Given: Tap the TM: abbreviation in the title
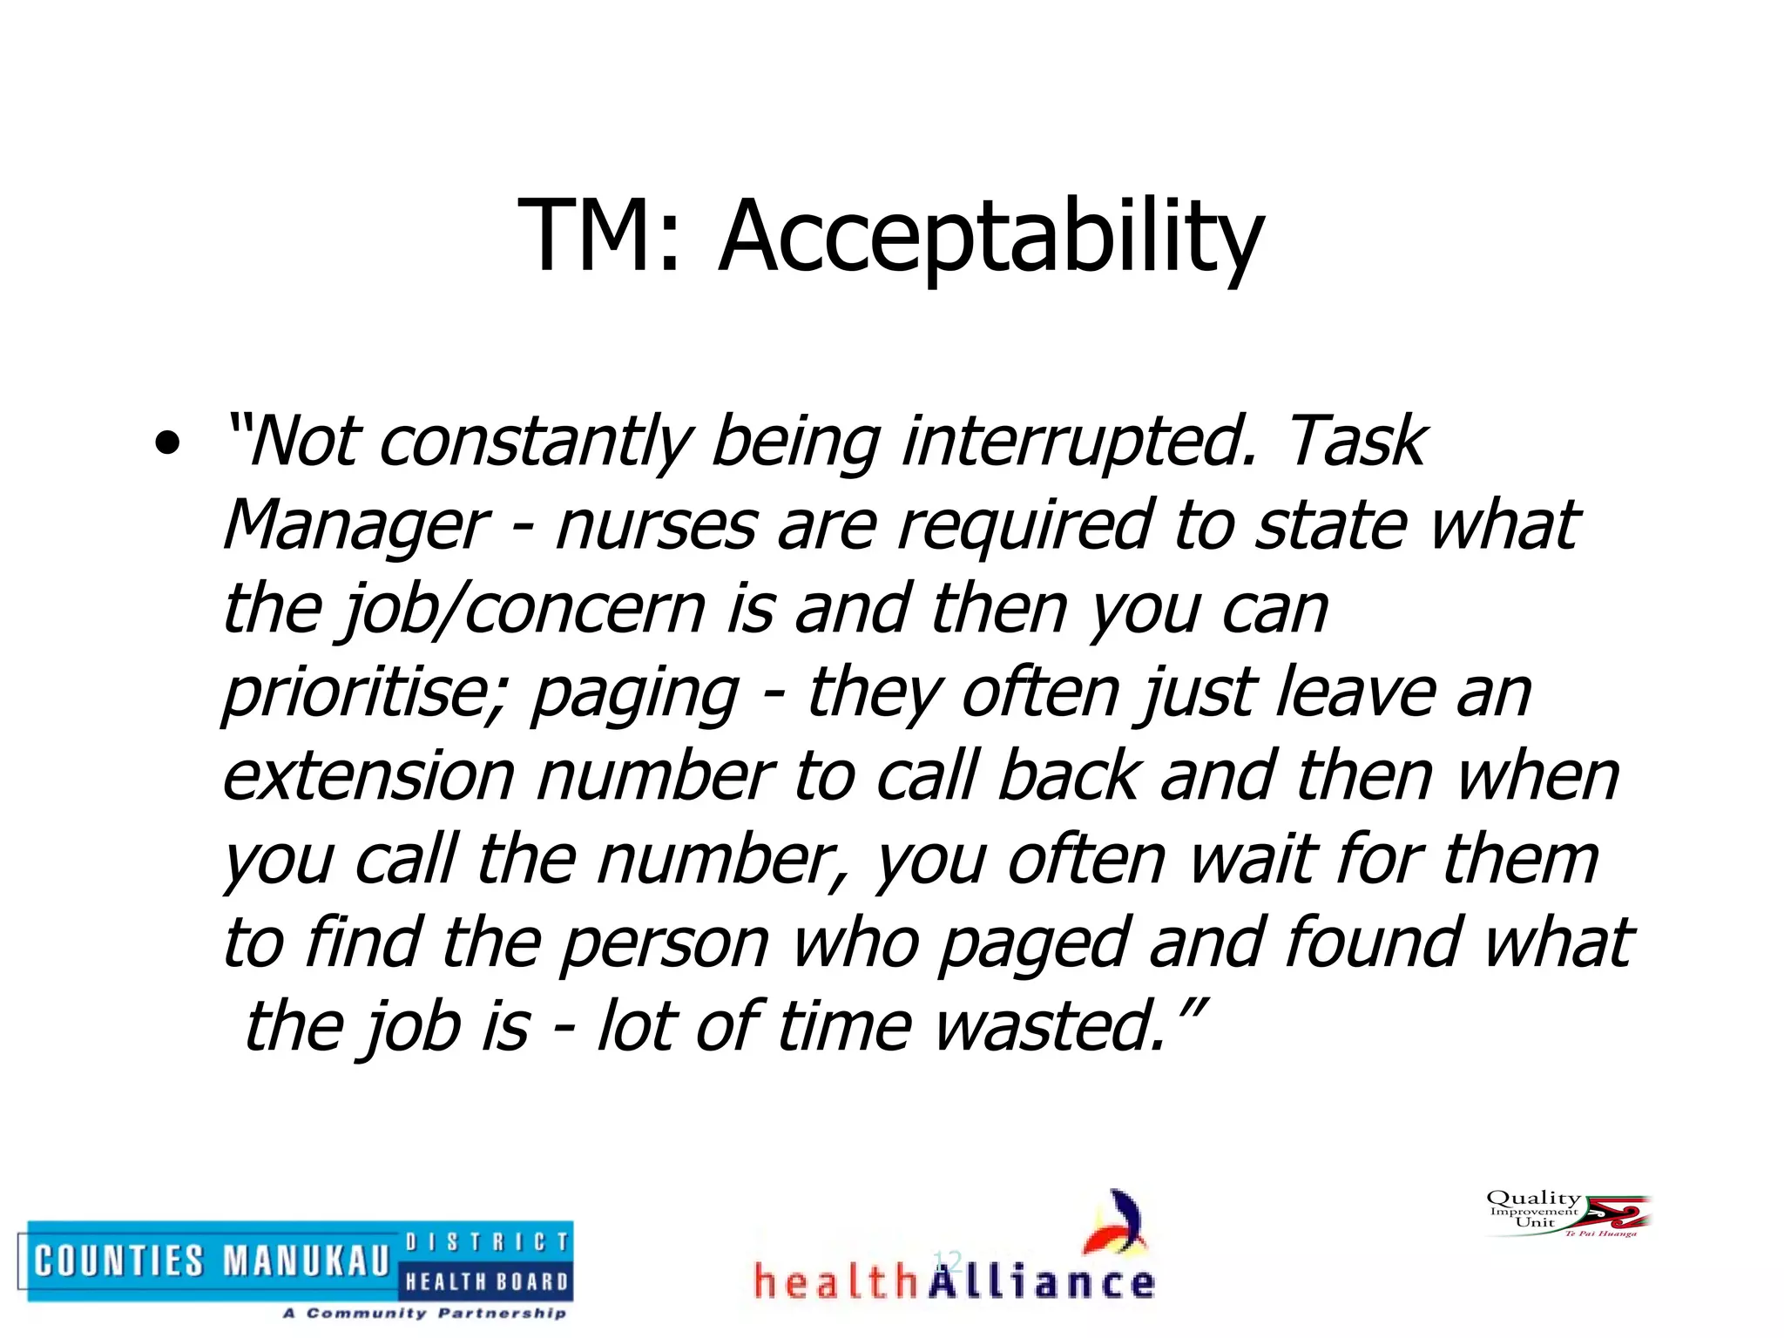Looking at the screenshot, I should (x=598, y=237).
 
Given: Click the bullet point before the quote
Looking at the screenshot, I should (x=166, y=445).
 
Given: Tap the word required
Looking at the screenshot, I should (x=1024, y=526).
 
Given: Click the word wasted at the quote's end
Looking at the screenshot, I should (x=1049, y=1027).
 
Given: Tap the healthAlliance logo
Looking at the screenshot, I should (x=955, y=1254).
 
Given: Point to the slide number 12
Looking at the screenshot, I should (x=947, y=1260).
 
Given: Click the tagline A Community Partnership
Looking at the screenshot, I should (x=424, y=1313).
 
